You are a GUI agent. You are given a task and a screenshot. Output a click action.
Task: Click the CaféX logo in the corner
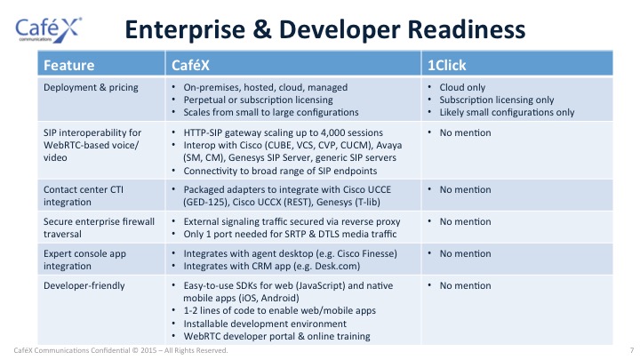pos(48,30)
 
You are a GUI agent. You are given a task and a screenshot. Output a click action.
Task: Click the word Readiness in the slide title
pos(467,29)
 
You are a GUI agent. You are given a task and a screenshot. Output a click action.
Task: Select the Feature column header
pos(69,65)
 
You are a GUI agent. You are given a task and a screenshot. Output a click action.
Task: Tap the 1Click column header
pos(446,65)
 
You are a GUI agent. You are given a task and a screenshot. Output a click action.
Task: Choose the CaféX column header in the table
pos(190,65)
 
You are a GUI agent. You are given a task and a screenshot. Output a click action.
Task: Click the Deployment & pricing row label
pos(91,87)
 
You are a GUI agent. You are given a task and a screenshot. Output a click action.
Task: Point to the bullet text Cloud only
pos(462,87)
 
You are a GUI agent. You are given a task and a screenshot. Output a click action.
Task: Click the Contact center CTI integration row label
pos(84,196)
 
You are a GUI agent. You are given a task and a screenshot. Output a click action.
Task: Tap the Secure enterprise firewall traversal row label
pos(99,228)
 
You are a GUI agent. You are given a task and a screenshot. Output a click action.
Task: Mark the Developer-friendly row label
pos(84,285)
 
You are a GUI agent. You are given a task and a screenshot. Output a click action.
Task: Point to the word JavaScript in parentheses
pos(320,285)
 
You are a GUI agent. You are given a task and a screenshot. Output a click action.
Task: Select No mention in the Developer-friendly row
pos(465,285)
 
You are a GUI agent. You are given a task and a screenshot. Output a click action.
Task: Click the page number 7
pos(632,350)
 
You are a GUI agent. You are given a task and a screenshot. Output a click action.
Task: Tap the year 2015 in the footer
pos(148,350)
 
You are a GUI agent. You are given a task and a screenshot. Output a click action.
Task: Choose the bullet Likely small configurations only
pos(507,112)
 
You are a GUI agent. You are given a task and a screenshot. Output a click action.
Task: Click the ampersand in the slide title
pos(262,29)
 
